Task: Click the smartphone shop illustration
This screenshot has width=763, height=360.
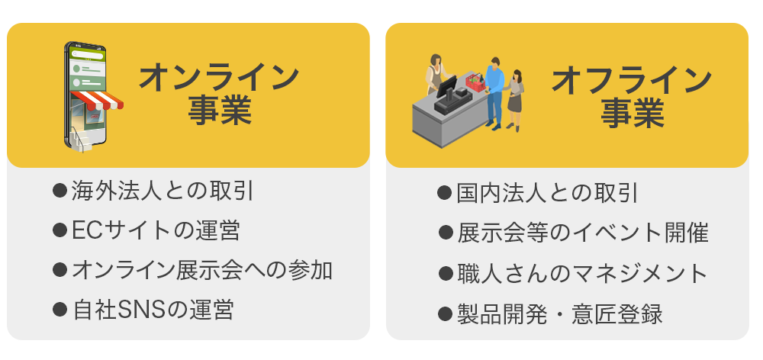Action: coord(92,96)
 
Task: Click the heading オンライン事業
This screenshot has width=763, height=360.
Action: coord(219,95)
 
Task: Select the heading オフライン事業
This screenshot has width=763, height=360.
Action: coord(632,98)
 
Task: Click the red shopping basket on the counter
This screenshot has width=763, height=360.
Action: coord(476,82)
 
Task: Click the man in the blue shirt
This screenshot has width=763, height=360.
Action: coord(494,92)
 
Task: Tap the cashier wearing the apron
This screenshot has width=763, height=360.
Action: coord(437,74)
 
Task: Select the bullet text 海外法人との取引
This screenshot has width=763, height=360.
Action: coord(163,191)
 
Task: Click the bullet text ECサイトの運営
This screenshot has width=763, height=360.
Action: coord(156,230)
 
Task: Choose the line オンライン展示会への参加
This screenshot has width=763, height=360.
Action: coord(202,271)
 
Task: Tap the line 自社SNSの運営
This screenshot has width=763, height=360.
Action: coord(153,310)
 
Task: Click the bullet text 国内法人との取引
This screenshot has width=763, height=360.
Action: coord(547,193)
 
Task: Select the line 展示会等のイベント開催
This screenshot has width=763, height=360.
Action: coord(582,233)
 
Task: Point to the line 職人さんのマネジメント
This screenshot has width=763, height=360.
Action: coord(582,273)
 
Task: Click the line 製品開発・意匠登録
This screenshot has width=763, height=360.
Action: coord(559,313)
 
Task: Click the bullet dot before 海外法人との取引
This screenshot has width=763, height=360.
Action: coord(60,190)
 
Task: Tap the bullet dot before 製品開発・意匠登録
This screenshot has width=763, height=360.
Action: coord(445,313)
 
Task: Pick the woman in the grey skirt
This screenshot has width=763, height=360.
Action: coord(516,100)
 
